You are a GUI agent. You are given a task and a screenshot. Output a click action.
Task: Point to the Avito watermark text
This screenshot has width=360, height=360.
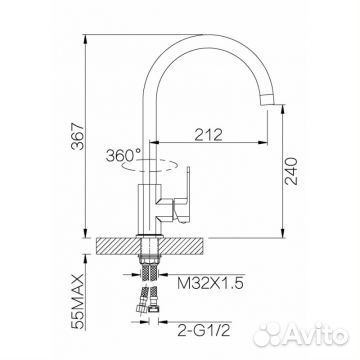(x=315, y=329)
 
